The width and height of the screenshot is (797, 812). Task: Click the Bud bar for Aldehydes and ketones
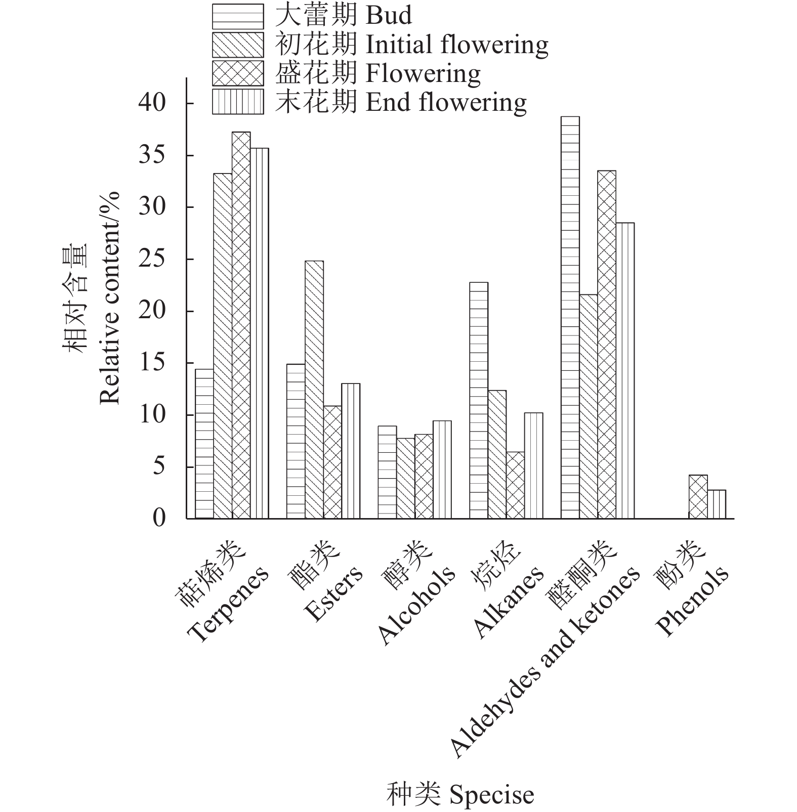click(570, 318)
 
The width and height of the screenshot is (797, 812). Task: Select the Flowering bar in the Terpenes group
click(241, 325)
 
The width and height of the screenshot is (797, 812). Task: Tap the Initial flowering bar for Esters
click(314, 390)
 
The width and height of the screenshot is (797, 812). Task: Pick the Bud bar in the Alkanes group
click(479, 400)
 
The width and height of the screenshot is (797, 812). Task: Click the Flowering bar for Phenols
click(698, 497)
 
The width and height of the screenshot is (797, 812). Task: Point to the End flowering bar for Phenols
click(717, 504)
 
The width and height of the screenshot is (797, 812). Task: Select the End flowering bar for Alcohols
click(442, 469)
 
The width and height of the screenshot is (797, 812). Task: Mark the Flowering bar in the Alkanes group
click(515, 485)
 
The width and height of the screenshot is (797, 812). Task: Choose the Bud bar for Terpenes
click(204, 444)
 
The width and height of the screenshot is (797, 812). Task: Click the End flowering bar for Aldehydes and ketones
click(625, 370)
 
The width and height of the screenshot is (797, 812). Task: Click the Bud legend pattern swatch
click(238, 16)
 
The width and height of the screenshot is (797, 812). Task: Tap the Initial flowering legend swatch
click(238, 45)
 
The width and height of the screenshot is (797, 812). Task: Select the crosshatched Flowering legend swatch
click(238, 73)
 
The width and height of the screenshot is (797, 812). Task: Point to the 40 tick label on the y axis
click(152, 103)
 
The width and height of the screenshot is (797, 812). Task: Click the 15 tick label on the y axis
click(152, 363)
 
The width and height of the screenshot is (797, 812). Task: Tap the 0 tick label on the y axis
click(159, 518)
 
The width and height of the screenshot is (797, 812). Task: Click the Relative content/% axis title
click(110, 298)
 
